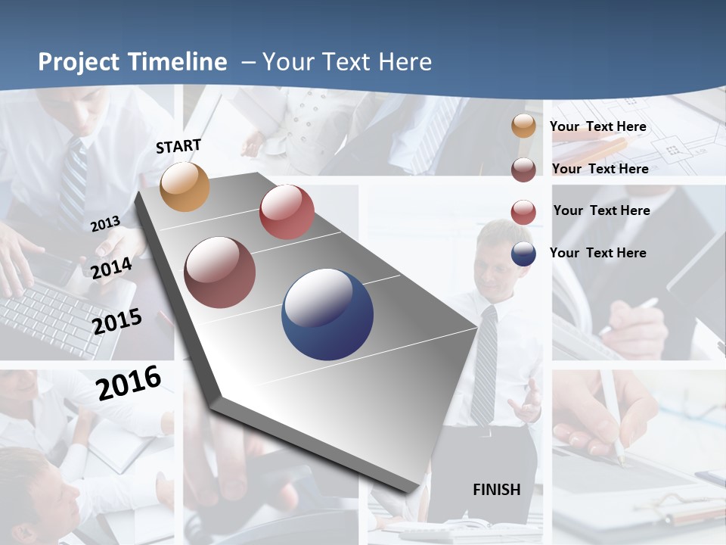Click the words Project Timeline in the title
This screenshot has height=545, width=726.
pyautogui.click(x=132, y=62)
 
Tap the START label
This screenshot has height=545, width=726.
pyautogui.click(x=178, y=146)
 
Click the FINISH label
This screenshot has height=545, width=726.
pyautogui.click(x=497, y=490)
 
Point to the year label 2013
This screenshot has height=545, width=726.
pyautogui.click(x=105, y=224)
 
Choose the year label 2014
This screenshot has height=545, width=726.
pyautogui.click(x=112, y=268)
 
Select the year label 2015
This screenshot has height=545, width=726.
pyautogui.click(x=117, y=321)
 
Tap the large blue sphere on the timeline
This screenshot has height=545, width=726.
pyautogui.click(x=327, y=314)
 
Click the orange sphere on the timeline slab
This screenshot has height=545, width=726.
pyautogui.click(x=185, y=187)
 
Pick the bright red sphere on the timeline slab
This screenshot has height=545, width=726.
pyautogui.click(x=287, y=212)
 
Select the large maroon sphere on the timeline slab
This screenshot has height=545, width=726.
pyautogui.click(x=220, y=272)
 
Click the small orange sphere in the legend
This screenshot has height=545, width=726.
pyautogui.click(x=523, y=126)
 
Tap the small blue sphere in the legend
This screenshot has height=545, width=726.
pyautogui.click(x=523, y=254)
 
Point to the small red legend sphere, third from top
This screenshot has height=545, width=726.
pyautogui.click(x=523, y=212)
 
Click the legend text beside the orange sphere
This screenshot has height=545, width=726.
pyautogui.click(x=598, y=126)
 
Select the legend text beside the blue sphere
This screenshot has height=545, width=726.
pyautogui.click(x=598, y=253)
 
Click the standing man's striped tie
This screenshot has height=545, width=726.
pyautogui.click(x=483, y=363)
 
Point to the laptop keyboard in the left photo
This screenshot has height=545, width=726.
pyautogui.click(x=53, y=318)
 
